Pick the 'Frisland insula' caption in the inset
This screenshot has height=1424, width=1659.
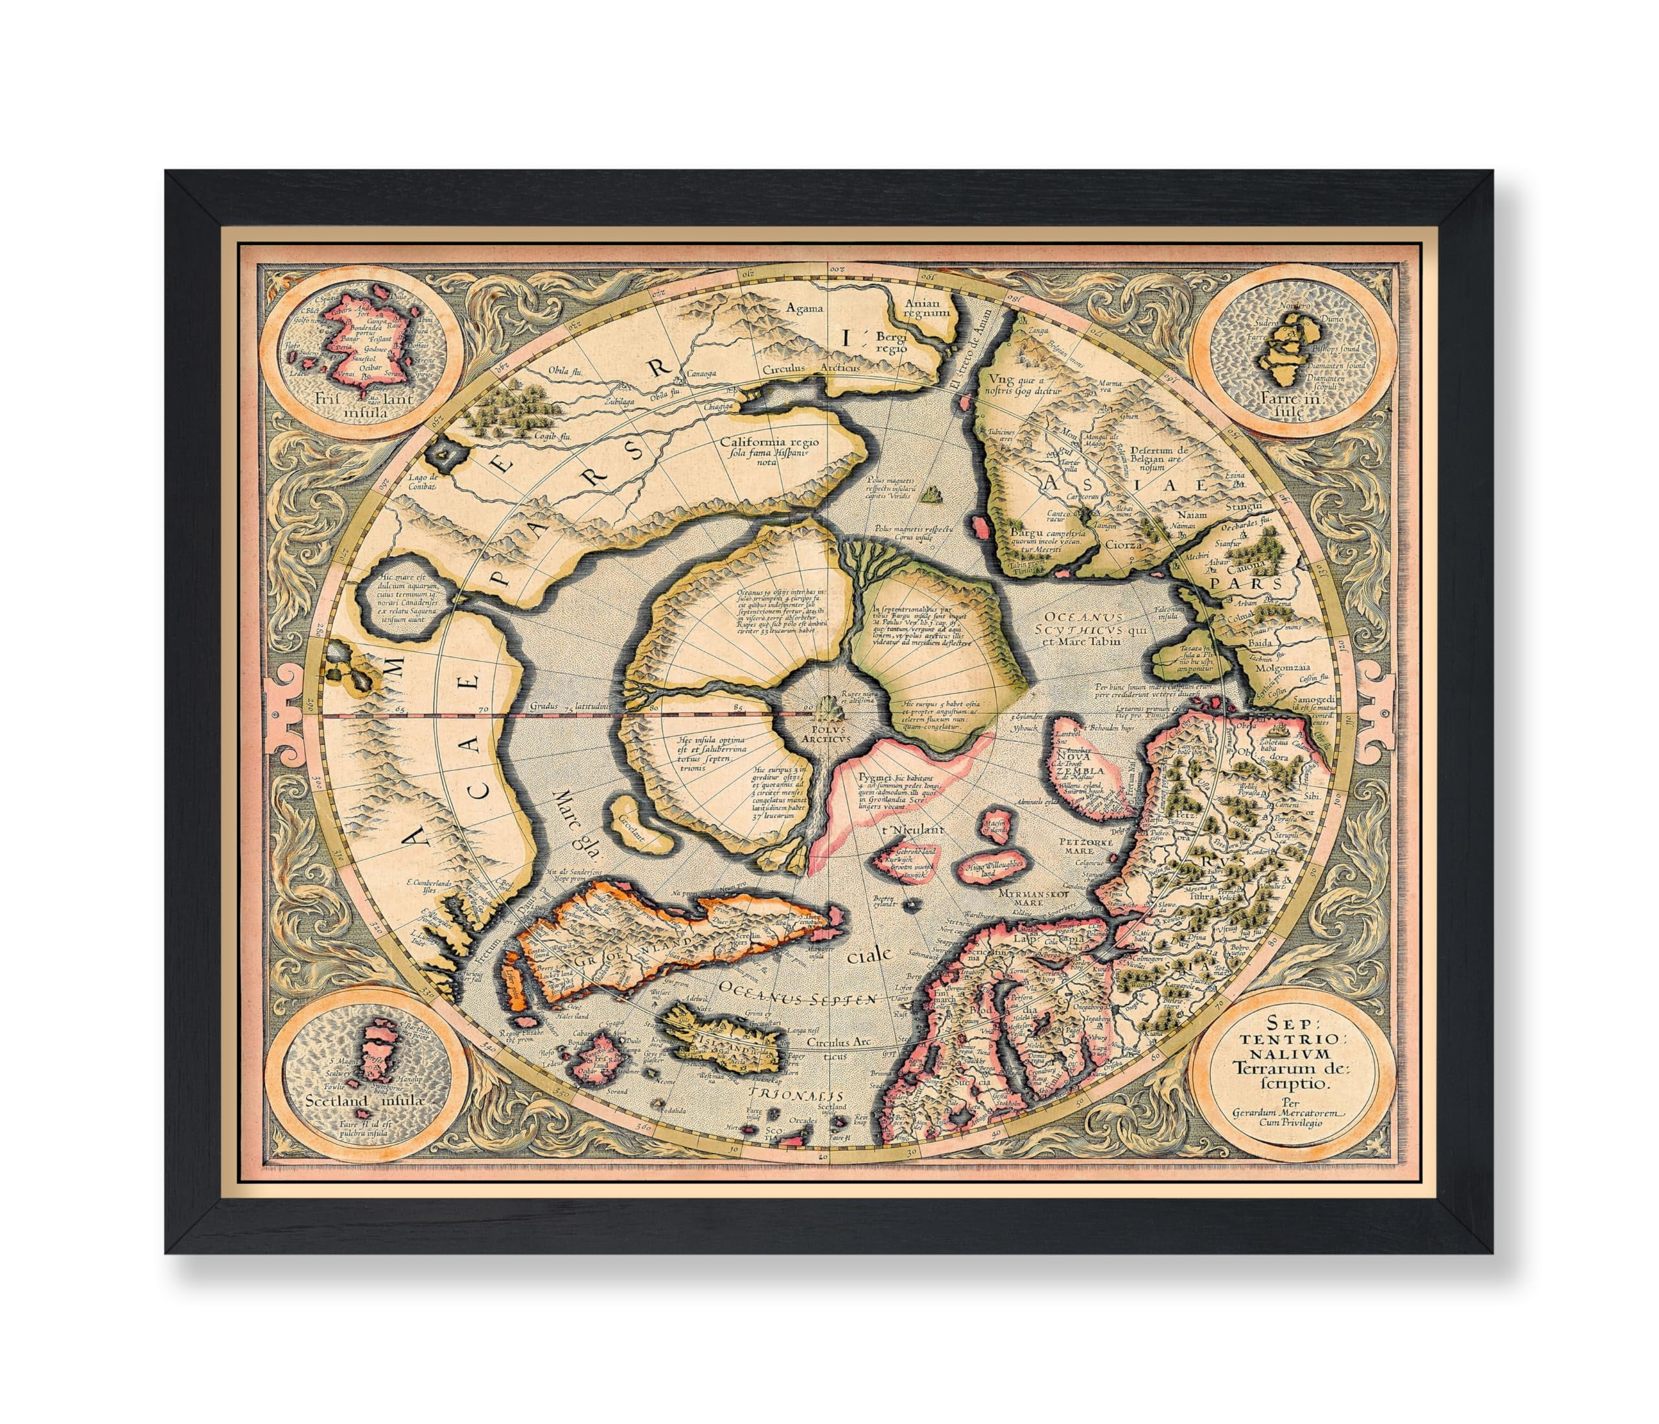[363, 407]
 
